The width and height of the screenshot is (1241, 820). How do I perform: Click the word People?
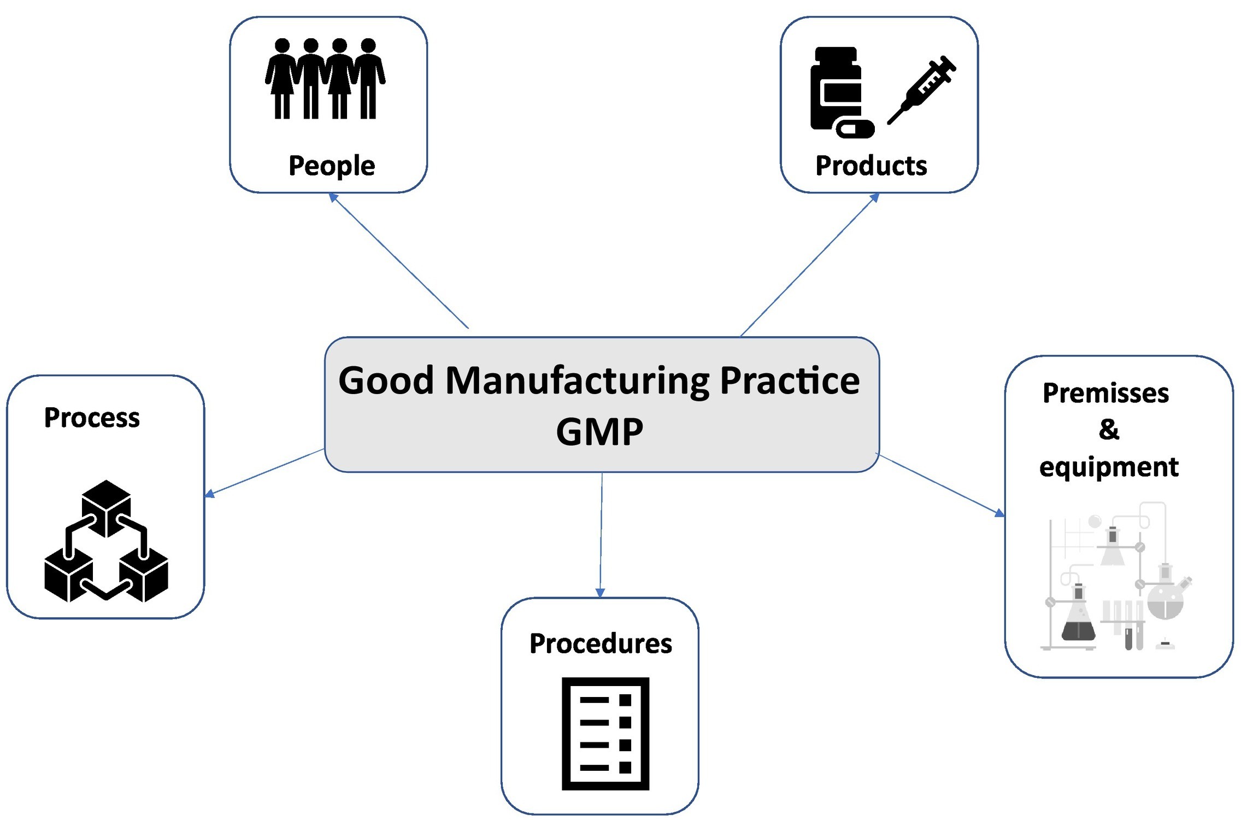click(x=331, y=165)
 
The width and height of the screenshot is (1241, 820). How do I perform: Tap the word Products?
click(x=871, y=165)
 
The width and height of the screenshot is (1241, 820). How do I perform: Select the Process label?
click(x=92, y=418)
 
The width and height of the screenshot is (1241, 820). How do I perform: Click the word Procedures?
click(x=600, y=643)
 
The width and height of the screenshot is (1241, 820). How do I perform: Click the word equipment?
click(x=1108, y=467)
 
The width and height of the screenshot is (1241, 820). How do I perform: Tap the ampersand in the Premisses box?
click(x=1109, y=430)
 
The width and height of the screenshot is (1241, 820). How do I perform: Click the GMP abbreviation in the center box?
click(x=599, y=432)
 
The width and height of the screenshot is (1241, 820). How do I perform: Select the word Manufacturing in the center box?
click(x=577, y=380)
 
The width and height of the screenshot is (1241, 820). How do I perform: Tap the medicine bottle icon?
click(x=836, y=87)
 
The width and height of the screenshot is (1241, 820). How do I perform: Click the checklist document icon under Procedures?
click(x=605, y=733)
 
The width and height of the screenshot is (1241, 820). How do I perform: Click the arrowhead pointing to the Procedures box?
click(x=600, y=593)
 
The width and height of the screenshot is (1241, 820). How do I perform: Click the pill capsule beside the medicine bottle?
click(x=855, y=129)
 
